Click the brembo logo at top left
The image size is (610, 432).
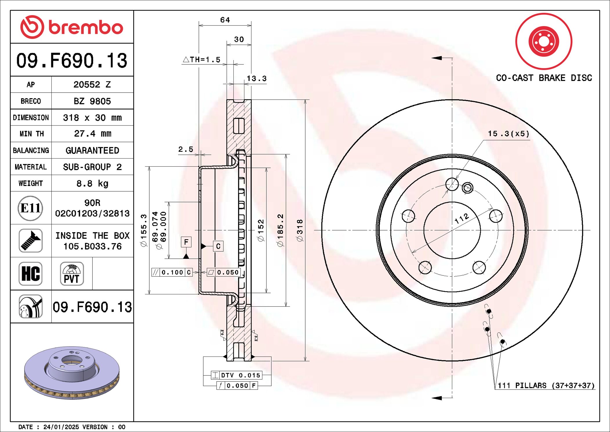click(x=72, y=27)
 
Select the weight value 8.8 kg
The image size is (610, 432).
click(x=92, y=183)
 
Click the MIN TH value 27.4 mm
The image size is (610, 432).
click(x=92, y=134)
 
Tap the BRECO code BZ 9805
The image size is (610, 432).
click(x=92, y=101)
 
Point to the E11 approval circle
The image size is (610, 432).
click(x=30, y=208)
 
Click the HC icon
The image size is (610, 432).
click(x=30, y=273)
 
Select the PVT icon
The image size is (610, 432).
click(x=72, y=273)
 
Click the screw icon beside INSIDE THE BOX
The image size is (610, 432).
click(x=30, y=241)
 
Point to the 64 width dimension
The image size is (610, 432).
click(x=225, y=20)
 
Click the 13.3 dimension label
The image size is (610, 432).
click(x=256, y=78)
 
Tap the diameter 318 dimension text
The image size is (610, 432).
click(x=300, y=230)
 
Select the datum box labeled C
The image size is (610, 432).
click(x=218, y=246)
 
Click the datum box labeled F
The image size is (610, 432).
click(x=186, y=242)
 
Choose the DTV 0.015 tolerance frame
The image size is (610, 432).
click(x=237, y=375)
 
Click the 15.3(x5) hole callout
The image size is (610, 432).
click(x=508, y=134)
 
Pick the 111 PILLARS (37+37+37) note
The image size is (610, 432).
click(x=546, y=385)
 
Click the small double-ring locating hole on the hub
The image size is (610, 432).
click(x=467, y=188)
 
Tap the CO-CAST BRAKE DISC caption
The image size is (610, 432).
click(x=544, y=78)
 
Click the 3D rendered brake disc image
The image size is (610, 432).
click(x=72, y=372)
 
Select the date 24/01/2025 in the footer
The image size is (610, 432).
click(x=61, y=427)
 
